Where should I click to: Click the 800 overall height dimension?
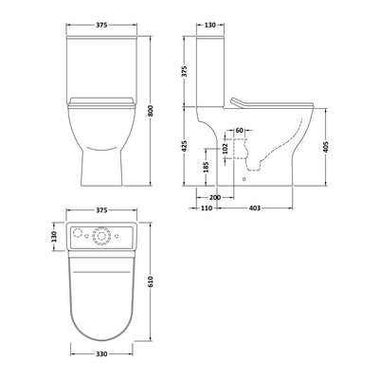pyautogui.click(x=151, y=111)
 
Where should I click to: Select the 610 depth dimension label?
pyautogui.click(x=151, y=281)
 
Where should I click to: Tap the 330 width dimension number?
pyautogui.click(x=101, y=354)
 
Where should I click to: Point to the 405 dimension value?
pyautogui.click(x=326, y=147)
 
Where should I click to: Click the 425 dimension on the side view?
pyautogui.click(x=185, y=146)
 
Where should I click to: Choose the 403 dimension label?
pyautogui.click(x=255, y=208)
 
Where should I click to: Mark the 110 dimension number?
pyautogui.click(x=207, y=208)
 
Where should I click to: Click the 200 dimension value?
pyautogui.click(x=215, y=197)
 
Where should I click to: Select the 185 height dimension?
pyautogui.click(x=206, y=167)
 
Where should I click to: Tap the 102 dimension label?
pyautogui.click(x=225, y=148)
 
